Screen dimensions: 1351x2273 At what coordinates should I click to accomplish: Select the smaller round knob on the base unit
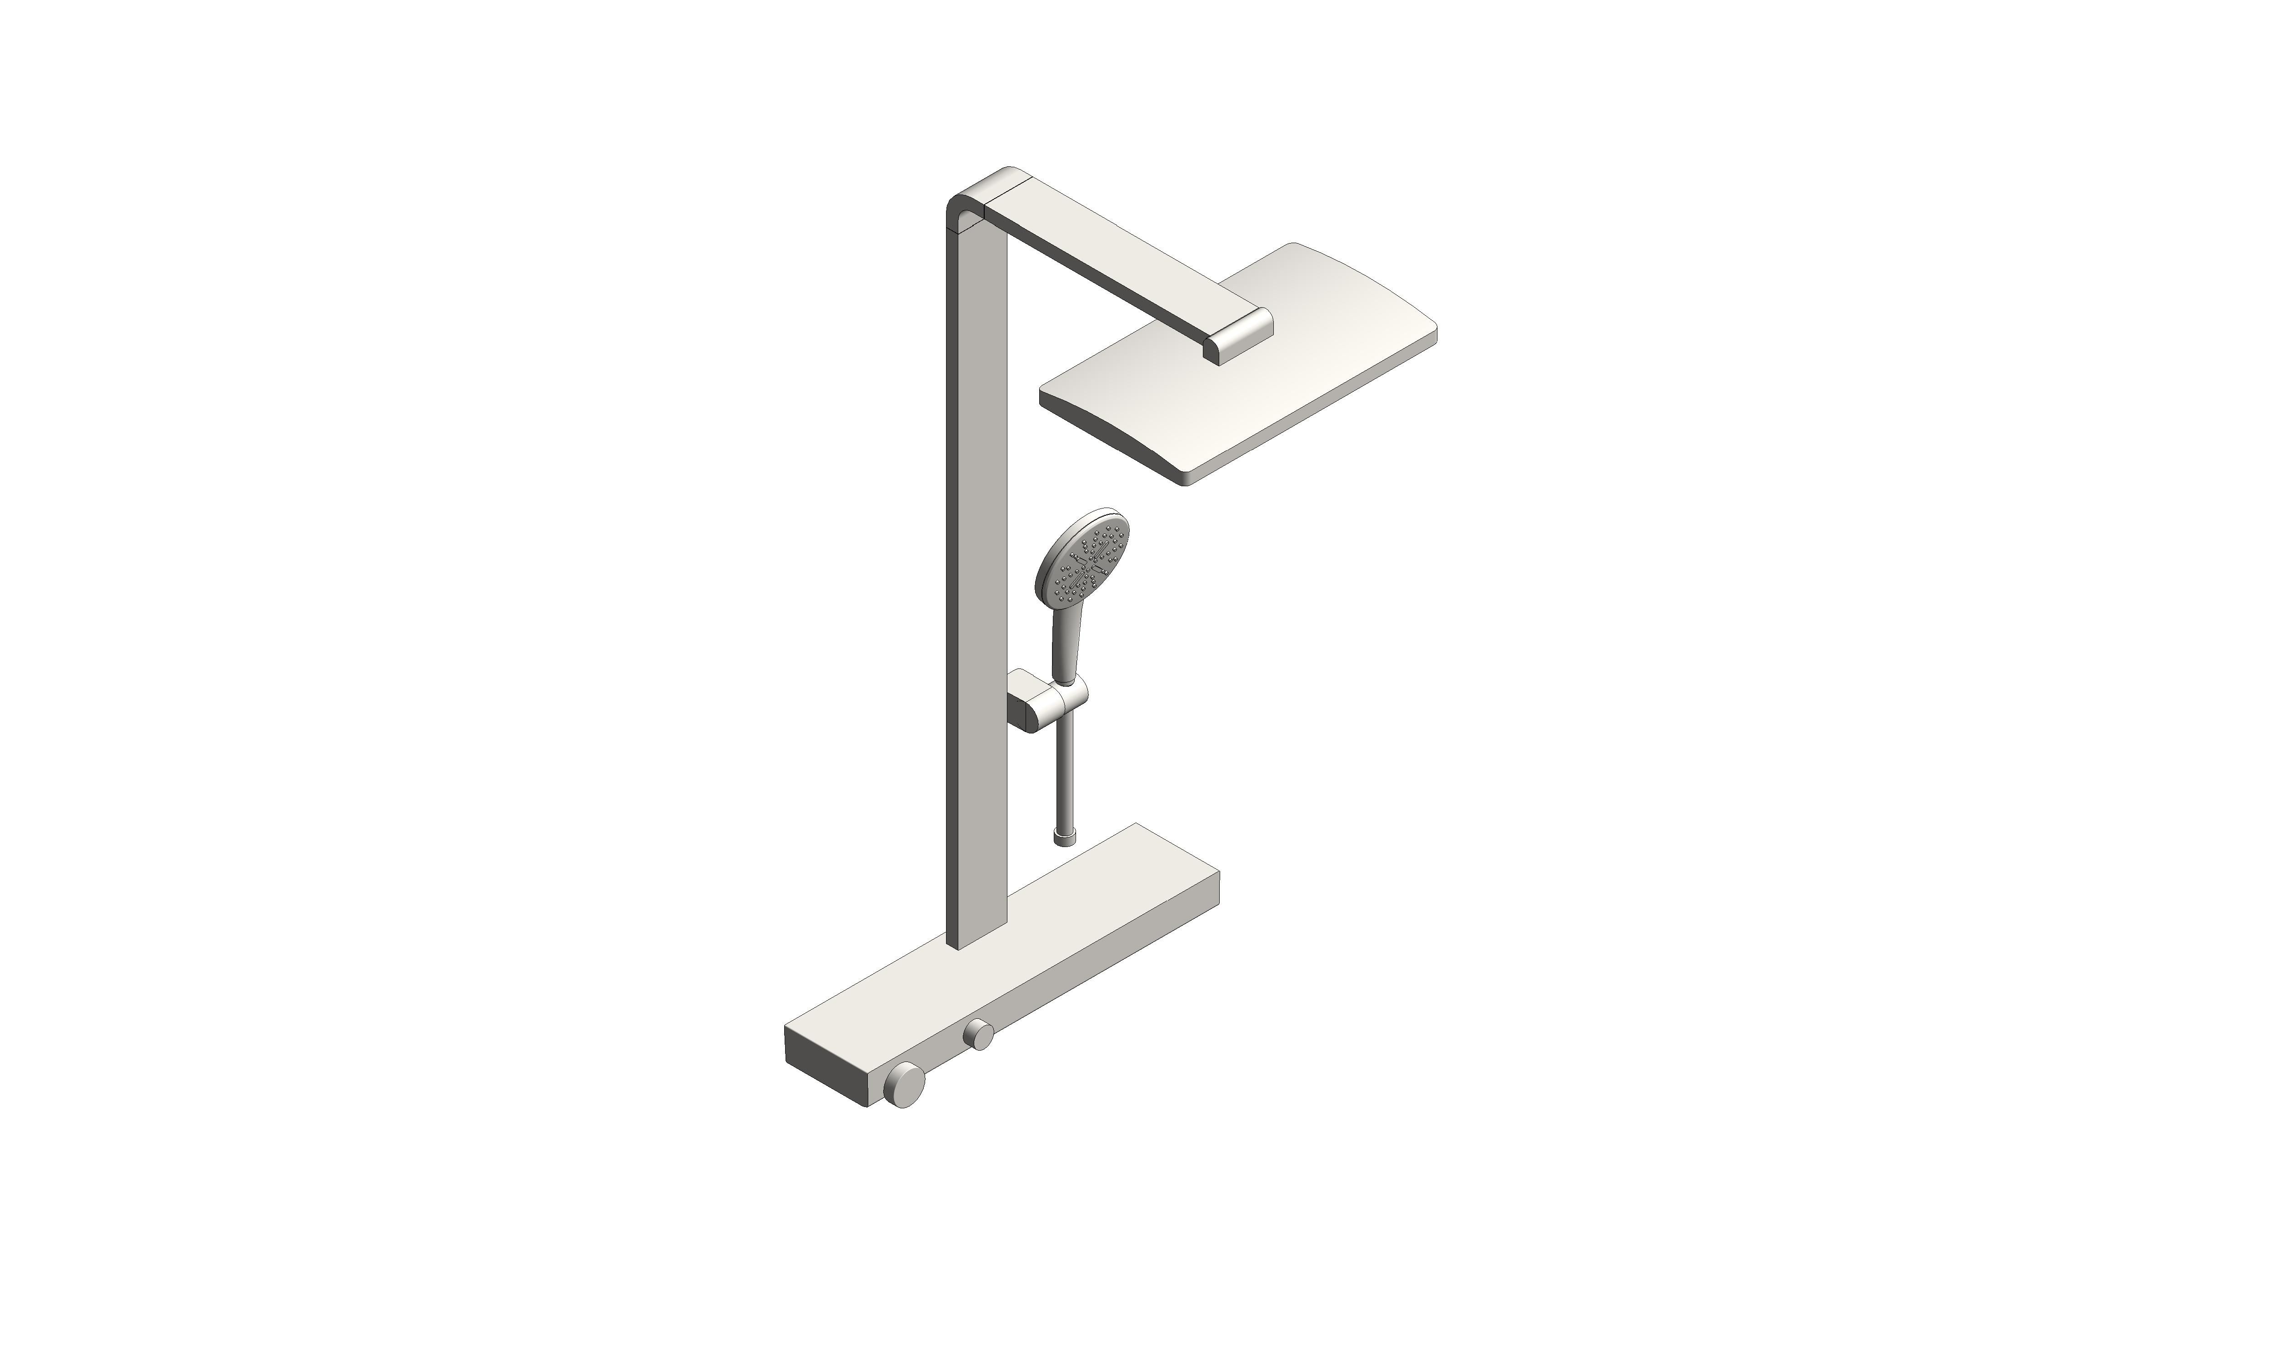pyautogui.click(x=979, y=1035)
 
